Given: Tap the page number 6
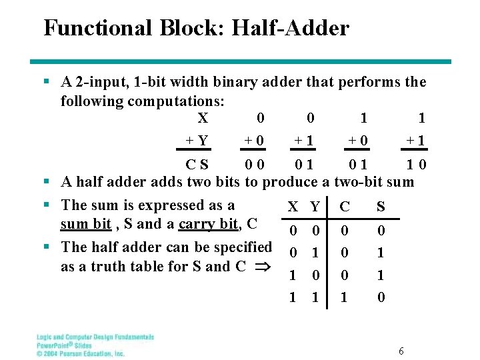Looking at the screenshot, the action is [401, 351].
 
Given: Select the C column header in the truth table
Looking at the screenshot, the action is [344, 207].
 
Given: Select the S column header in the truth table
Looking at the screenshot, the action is [381, 207].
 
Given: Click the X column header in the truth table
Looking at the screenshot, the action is [292, 207].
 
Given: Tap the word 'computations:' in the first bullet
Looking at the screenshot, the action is [175, 101].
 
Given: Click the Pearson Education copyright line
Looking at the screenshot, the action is [81, 353].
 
